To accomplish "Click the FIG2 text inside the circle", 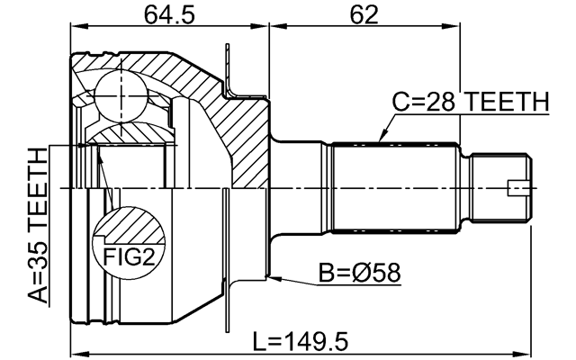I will coord(127,258).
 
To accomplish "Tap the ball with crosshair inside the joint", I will coord(121,94).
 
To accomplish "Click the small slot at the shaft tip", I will coord(521,187).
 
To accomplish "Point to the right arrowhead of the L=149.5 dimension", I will coord(532,355).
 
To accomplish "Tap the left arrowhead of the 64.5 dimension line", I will coord(76,29).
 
